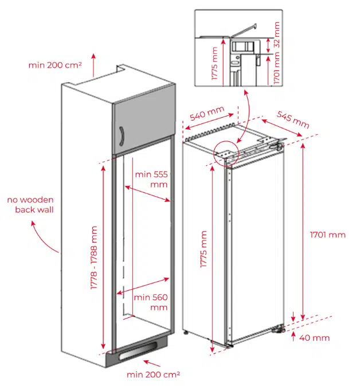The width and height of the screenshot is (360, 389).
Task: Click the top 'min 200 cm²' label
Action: pos(55,65)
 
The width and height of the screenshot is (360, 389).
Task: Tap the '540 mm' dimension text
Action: pos(206,114)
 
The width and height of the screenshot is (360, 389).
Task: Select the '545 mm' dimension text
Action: pos(293,119)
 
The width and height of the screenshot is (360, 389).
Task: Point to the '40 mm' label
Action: pos(315,337)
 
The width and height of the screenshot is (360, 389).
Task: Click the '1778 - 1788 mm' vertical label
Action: pos(95,258)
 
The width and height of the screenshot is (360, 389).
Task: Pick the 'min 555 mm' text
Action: pos(151,179)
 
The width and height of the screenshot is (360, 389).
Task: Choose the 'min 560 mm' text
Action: pos(150,302)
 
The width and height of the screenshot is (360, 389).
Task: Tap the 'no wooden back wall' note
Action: pos(30,205)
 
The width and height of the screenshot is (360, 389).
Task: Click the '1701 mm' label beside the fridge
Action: pos(327,234)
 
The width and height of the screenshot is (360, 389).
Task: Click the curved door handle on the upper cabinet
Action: pos(122,138)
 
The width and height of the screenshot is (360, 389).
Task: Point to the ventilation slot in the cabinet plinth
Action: pos(137,352)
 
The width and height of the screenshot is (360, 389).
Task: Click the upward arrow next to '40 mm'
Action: pos(294,336)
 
